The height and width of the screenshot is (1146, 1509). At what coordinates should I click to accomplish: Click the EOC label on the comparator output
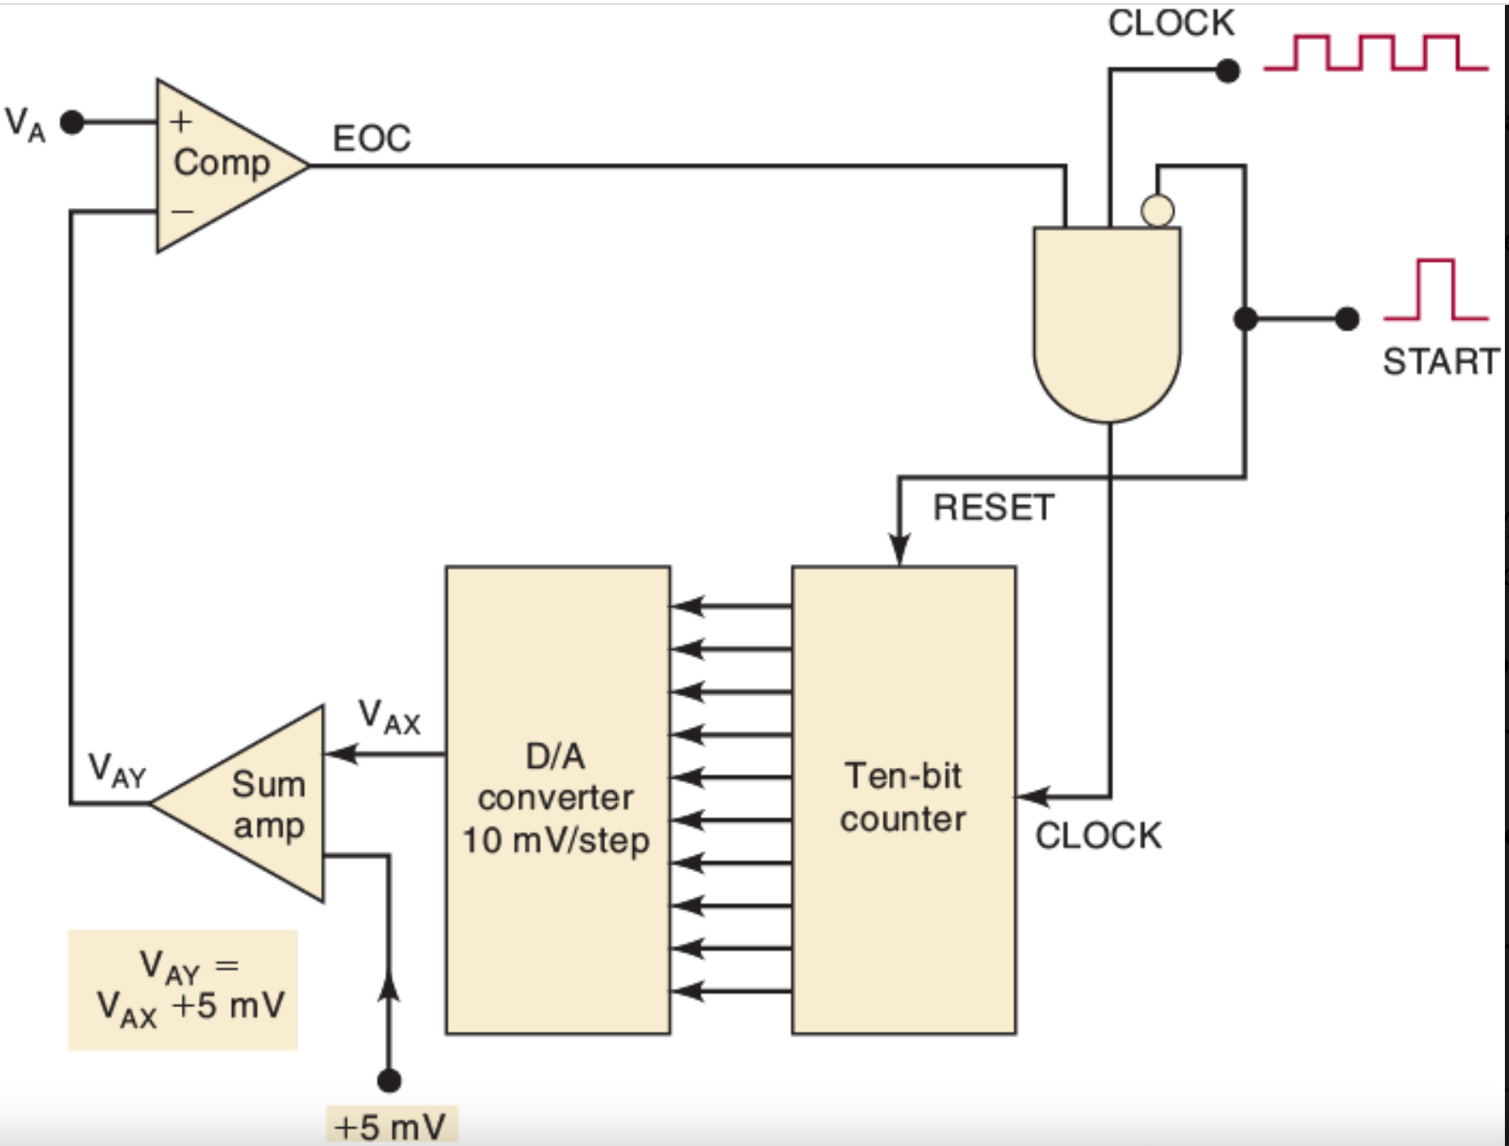tap(372, 139)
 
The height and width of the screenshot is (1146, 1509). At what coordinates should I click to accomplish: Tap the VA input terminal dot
tap(73, 123)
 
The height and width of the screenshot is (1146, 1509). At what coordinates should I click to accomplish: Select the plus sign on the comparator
tap(181, 121)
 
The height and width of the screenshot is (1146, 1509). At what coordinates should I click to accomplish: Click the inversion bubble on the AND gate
tap(1157, 210)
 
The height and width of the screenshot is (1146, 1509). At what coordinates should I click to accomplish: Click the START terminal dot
tap(1348, 319)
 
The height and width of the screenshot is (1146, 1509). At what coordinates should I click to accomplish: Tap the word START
tap(1440, 361)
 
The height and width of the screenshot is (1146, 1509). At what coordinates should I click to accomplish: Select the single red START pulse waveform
tap(1436, 290)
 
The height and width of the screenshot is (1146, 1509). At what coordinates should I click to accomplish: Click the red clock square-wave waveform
tap(1375, 53)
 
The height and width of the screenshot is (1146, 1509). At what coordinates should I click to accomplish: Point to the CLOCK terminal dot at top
tap(1227, 71)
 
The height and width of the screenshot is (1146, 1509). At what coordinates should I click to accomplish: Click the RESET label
tap(993, 508)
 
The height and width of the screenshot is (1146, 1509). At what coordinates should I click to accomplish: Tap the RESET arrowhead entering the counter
tap(899, 550)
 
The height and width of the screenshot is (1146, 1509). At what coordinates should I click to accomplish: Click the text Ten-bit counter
tap(904, 797)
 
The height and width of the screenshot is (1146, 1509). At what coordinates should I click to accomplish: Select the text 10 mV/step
tap(556, 840)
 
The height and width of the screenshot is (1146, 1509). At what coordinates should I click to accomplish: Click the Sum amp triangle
tap(253, 804)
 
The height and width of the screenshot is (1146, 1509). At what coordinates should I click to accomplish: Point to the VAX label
tap(389, 717)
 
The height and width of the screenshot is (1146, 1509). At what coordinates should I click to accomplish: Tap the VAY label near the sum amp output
tap(117, 770)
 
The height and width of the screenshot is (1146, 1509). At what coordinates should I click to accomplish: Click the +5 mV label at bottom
tap(390, 1127)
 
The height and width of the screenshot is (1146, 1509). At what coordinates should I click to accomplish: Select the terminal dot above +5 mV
tap(389, 1081)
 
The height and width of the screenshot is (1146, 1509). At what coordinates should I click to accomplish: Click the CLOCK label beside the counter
tap(1098, 836)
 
